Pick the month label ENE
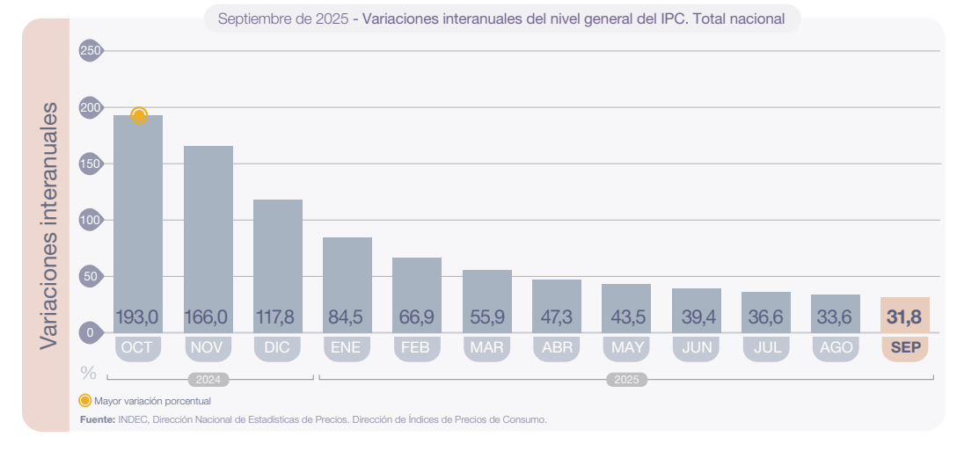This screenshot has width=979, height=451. pyautogui.click(x=347, y=347)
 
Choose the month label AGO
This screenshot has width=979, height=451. pyautogui.click(x=836, y=347)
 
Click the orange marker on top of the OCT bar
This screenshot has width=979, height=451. pyautogui.click(x=139, y=115)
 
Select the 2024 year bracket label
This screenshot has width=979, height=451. pyautogui.click(x=208, y=380)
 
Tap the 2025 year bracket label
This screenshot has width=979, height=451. pyautogui.click(x=626, y=380)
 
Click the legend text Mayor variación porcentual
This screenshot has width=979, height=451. pyautogui.click(x=152, y=401)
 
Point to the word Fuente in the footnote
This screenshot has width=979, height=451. pyautogui.click(x=97, y=419)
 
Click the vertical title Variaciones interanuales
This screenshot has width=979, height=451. pyautogui.click(x=49, y=225)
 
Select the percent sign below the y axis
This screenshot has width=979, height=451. pyautogui.click(x=89, y=373)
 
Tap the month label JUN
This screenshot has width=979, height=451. pyautogui.click(x=697, y=347)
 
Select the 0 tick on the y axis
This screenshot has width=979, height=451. pyautogui.click(x=90, y=332)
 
